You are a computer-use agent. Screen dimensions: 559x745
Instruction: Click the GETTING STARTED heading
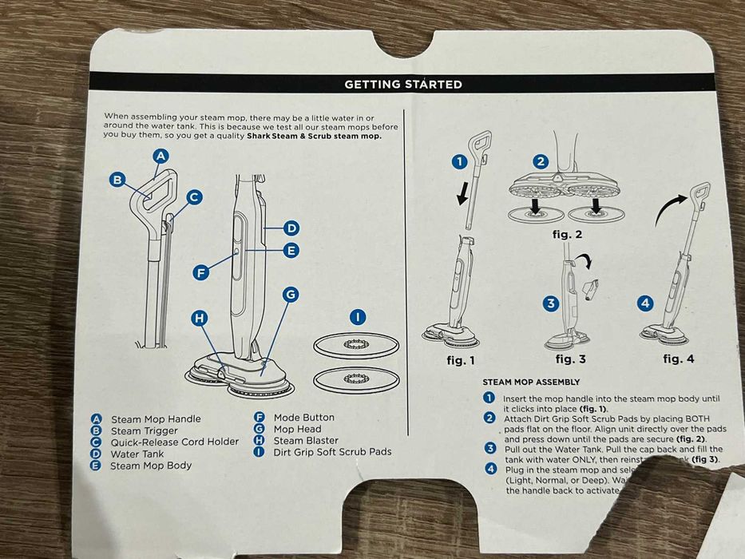tap(402, 84)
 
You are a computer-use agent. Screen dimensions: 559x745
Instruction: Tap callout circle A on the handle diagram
tap(160, 157)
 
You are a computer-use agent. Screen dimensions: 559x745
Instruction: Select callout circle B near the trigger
tap(117, 180)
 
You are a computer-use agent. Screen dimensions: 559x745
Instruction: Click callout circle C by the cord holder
tap(193, 197)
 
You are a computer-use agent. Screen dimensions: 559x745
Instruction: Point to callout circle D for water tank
tap(291, 228)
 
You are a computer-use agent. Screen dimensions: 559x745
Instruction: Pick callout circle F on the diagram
tap(201, 272)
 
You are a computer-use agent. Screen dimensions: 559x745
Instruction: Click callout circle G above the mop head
tap(291, 295)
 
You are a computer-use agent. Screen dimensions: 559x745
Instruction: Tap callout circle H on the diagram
tap(200, 318)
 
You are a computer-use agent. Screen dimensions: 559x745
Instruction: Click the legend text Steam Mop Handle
tap(156, 419)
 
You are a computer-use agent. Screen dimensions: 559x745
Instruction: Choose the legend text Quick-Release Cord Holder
tap(174, 442)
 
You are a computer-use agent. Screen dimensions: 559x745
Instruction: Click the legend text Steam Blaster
tap(306, 440)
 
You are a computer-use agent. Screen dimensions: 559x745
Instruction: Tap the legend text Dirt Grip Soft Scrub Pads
tap(332, 451)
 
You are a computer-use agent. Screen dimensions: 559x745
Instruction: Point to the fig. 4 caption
tap(678, 359)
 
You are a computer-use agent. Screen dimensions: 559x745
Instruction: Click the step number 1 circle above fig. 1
tap(458, 161)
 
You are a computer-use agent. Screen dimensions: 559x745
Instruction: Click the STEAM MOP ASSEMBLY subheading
tap(531, 383)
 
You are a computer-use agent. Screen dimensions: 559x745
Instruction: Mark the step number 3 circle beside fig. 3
tap(550, 303)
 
